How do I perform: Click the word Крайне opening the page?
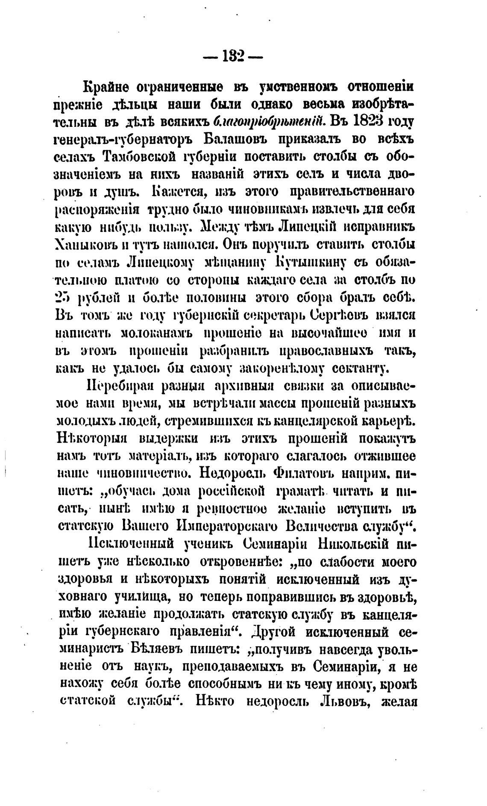(x=104, y=87)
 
